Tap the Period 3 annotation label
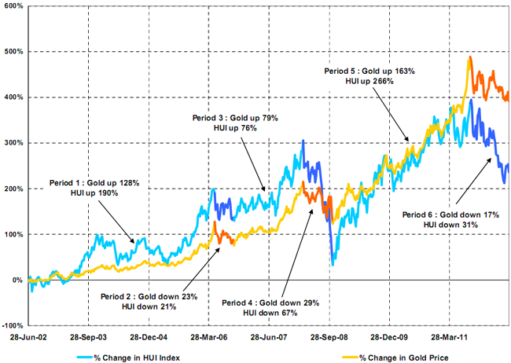235,123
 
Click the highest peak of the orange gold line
470,57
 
